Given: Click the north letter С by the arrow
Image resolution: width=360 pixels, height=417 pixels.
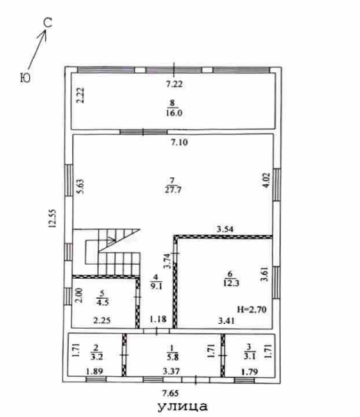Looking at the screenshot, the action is point(48,23).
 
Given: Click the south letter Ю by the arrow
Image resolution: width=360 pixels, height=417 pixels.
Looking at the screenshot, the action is point(25,78).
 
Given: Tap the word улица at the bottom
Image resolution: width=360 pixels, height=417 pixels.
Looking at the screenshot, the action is point(183,407).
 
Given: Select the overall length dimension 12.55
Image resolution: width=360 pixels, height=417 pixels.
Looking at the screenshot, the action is point(52,218).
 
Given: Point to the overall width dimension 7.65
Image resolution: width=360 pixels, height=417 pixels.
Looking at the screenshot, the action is point(170,393).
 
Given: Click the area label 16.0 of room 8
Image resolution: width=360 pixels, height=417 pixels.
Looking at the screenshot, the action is point(174,113).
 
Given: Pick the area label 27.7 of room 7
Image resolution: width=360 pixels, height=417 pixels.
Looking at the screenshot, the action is point(173,190).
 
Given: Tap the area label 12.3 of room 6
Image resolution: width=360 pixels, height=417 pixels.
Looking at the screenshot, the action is point(231,283).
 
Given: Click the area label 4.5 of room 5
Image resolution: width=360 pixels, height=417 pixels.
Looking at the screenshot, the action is point(103,302).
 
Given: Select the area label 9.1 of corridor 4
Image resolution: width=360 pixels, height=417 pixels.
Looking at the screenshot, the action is point(156,286).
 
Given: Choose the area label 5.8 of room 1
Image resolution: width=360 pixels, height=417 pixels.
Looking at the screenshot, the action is point(172,357).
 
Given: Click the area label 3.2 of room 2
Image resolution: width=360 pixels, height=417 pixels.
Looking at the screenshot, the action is point(97,357).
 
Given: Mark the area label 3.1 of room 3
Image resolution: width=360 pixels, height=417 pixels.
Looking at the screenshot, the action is point(249,356).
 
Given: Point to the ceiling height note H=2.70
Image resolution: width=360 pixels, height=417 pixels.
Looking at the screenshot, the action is point(252,309).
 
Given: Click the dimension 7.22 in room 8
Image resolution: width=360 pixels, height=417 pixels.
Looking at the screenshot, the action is point(174,84).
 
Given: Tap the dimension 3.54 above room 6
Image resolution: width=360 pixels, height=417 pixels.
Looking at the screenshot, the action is point(225,229).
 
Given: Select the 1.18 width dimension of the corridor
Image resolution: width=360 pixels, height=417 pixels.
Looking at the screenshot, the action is point(158,318).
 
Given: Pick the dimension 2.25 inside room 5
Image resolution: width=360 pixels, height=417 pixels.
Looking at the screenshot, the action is point(102,320).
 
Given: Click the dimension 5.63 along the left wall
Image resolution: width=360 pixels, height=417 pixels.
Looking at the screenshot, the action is point(80,186).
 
